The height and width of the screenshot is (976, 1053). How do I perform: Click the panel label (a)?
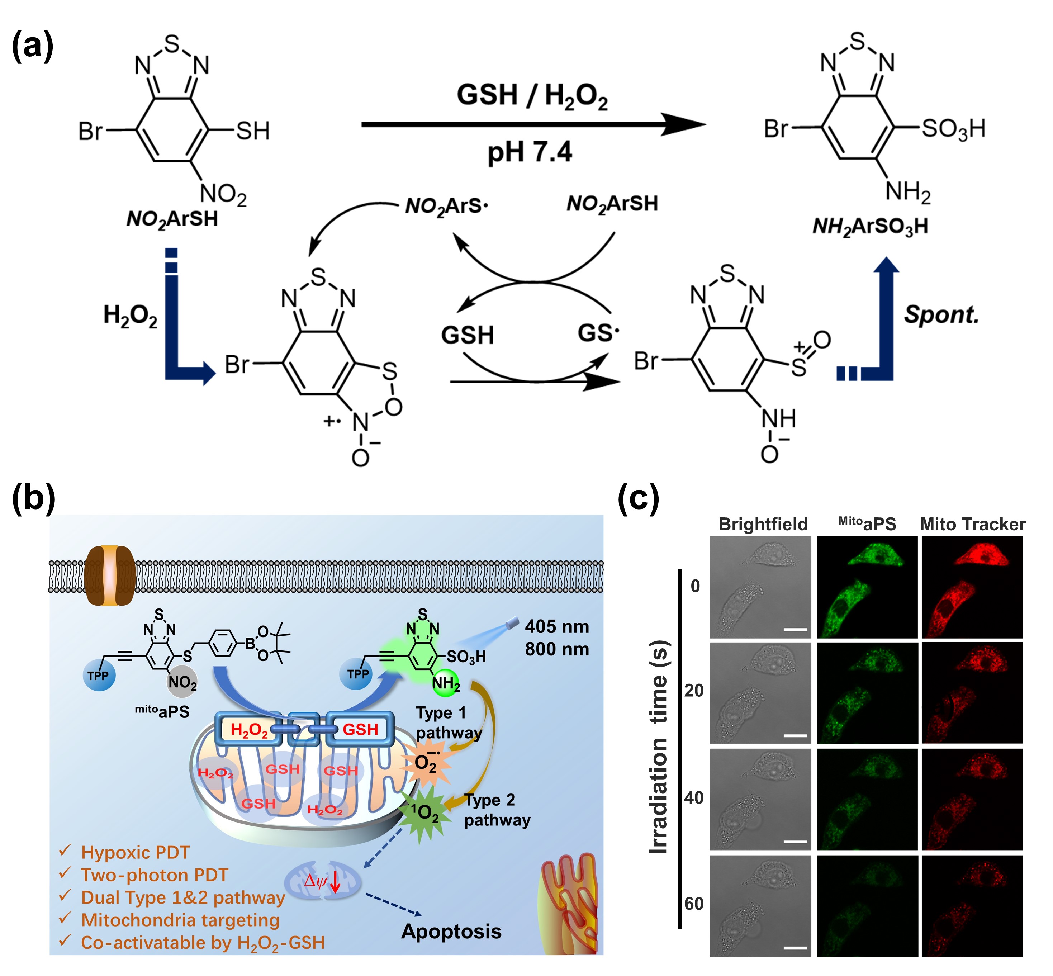(32, 47)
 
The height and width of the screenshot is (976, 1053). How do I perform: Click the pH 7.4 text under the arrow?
(529, 152)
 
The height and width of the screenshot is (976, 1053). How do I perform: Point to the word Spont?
(941, 315)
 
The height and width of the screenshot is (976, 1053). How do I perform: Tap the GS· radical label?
(598, 333)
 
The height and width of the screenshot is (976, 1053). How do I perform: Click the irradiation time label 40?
(694, 797)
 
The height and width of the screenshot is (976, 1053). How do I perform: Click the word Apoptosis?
(451, 932)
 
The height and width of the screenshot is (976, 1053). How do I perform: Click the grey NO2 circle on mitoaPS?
(182, 682)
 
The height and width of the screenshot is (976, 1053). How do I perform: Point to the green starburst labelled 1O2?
(426, 813)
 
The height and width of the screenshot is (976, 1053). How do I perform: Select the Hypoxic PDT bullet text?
(135, 852)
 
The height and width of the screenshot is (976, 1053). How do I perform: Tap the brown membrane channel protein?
(110, 576)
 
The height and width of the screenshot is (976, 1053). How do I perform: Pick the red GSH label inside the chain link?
(360, 729)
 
